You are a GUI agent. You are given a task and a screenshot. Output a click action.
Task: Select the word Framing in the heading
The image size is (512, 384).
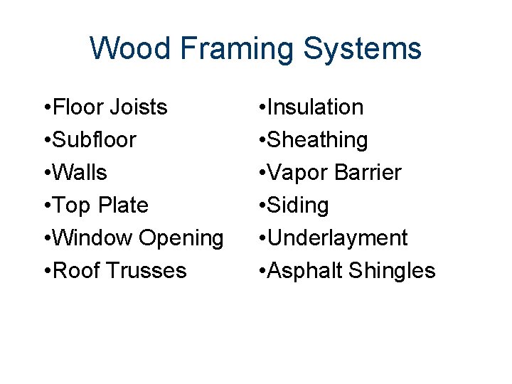pyautogui.click(x=237, y=49)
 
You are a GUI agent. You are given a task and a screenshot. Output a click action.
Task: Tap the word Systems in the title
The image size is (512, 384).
pyautogui.click(x=363, y=49)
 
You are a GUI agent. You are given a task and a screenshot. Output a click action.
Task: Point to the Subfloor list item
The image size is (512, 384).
pyautogui.click(x=92, y=140)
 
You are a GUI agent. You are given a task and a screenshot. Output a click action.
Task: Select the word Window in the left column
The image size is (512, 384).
pyautogui.click(x=91, y=238)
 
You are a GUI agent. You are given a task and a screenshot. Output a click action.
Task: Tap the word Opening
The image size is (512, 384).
pyautogui.click(x=181, y=238)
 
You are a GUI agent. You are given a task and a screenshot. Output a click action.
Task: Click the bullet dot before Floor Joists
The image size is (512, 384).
pyautogui.click(x=46, y=108)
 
